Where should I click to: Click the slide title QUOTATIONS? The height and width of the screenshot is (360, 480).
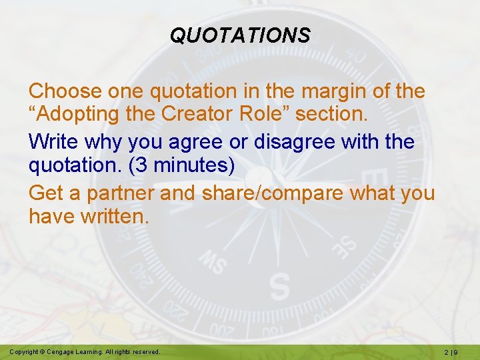[x=240, y=35]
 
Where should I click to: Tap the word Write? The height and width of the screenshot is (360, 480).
[x=51, y=142]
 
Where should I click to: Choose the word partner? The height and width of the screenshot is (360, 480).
[x=121, y=193]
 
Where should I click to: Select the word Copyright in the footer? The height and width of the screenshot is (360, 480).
[x=25, y=351]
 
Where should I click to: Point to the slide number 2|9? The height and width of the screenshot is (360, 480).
[x=450, y=351]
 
